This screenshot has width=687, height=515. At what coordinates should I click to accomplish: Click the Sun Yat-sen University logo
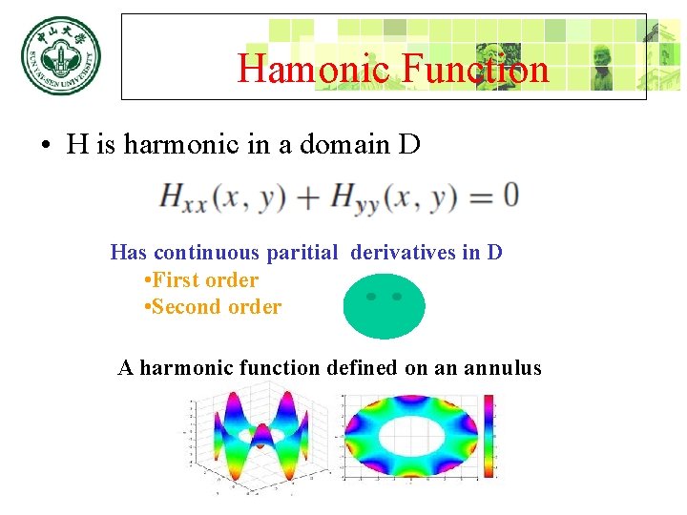[x=60, y=55]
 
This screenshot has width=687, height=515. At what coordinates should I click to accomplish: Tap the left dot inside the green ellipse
[x=371, y=297]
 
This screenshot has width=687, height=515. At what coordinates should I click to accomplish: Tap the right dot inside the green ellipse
[x=397, y=297]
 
